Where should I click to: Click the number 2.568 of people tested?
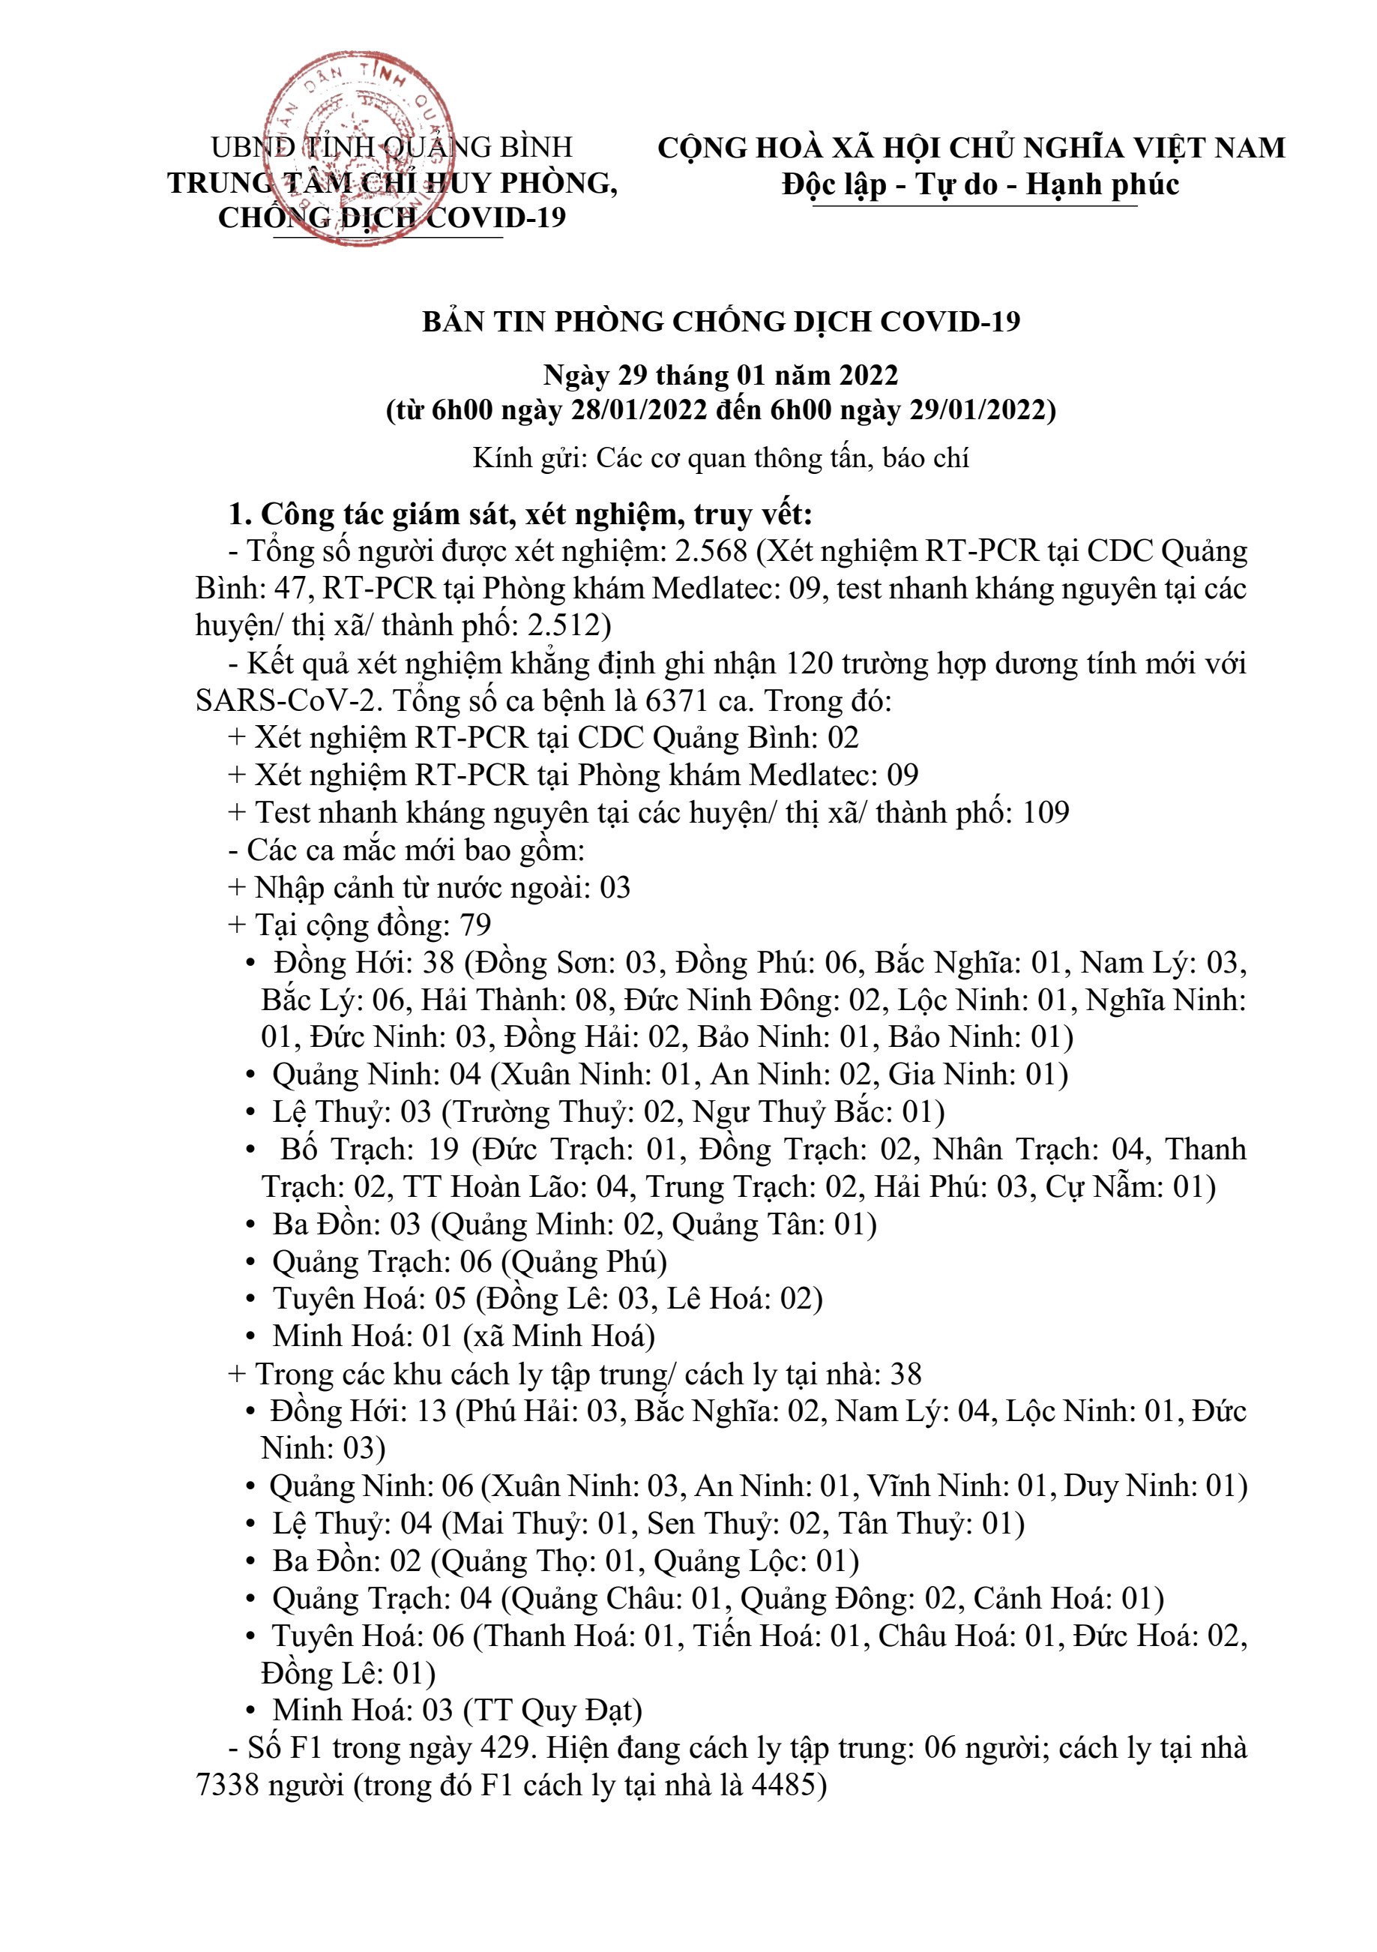tap(711, 552)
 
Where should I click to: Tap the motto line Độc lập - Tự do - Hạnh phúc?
tap(980, 184)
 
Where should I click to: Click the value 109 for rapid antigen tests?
tap(1046, 813)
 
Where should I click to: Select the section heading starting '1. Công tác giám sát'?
tap(520, 514)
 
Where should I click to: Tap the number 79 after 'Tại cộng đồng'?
tap(475, 925)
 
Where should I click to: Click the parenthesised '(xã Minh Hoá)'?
tap(558, 1336)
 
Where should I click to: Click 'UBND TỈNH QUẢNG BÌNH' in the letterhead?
tap(392, 147)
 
